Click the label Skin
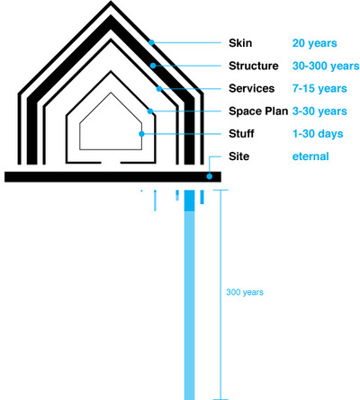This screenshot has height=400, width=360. [240, 43]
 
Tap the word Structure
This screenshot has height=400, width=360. [254, 66]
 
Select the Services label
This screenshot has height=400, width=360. [252, 88]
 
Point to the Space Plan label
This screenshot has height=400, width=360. [258, 111]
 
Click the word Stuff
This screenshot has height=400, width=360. [241, 134]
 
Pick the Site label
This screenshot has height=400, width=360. [239, 156]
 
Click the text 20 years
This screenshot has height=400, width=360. [315, 43]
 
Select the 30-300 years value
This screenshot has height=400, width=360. [326, 66]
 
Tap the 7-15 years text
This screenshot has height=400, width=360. [319, 89]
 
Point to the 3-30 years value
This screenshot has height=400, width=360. [319, 111]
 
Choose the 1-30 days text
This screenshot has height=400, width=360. [318, 134]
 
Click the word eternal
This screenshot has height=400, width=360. [310, 156]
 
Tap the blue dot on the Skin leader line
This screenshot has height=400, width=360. [151, 42]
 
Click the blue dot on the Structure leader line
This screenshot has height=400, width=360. [153, 66]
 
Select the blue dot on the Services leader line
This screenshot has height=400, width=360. [159, 89]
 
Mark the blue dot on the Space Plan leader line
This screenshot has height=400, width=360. [150, 111]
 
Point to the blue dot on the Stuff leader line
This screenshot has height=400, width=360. [141, 134]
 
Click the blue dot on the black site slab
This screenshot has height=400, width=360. [210, 176]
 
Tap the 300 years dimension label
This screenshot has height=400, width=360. [245, 292]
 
